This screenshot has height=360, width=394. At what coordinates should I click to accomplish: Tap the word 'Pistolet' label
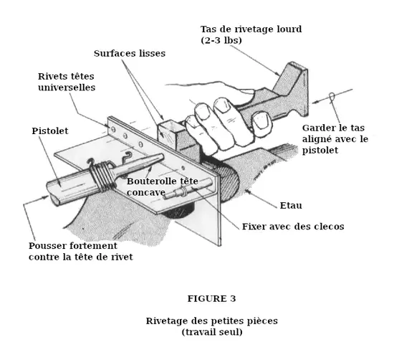pyautogui.click(x=50, y=131)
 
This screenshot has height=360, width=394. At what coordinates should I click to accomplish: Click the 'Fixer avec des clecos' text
pyautogui.click(x=293, y=227)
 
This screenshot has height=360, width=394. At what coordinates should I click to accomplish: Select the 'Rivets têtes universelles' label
pyautogui.click(x=67, y=82)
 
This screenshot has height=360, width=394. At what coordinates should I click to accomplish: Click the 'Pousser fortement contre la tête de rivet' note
pyautogui.click(x=80, y=250)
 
